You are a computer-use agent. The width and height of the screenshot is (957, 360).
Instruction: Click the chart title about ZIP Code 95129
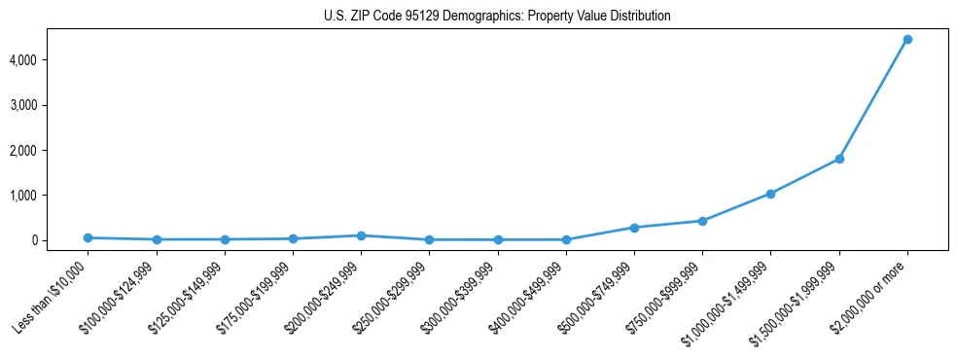pyautogui.click(x=497, y=17)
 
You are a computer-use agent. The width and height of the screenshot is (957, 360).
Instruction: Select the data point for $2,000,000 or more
pyautogui.click(x=907, y=39)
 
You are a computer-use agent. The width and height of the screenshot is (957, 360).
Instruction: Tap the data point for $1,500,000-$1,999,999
pyautogui.click(x=839, y=159)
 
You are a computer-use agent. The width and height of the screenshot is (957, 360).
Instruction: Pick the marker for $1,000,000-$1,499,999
pyautogui.click(x=770, y=194)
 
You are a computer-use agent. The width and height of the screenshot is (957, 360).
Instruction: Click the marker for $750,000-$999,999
pyautogui.click(x=702, y=221)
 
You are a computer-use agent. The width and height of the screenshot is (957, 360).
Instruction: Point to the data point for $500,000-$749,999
pyautogui.click(x=634, y=228)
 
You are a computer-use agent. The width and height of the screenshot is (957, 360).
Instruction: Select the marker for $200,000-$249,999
pyautogui.click(x=361, y=235)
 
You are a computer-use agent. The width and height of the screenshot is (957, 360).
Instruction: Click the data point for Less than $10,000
pyautogui.click(x=88, y=237)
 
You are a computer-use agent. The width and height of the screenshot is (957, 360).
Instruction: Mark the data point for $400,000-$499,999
pyautogui.click(x=566, y=239)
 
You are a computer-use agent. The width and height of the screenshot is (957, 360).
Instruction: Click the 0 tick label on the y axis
pyautogui.click(x=60, y=240)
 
